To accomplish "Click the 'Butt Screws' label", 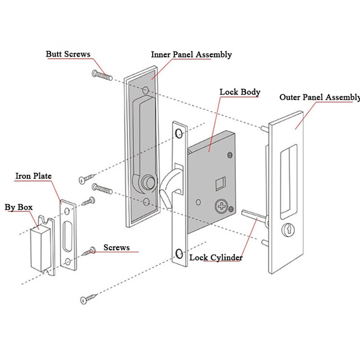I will click(68, 54).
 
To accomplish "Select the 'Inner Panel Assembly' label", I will click(191, 54).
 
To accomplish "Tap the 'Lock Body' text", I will click(239, 92).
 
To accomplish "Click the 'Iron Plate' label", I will click(34, 175).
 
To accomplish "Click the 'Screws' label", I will click(117, 247).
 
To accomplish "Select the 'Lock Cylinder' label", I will click(216, 257).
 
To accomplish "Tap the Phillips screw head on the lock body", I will click(222, 206).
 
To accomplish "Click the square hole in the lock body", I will click(221, 183).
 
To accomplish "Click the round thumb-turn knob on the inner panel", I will click(147, 182).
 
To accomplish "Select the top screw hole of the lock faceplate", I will click(179, 134).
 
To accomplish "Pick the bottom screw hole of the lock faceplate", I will click(179, 255).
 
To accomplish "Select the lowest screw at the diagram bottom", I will click(89, 298).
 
